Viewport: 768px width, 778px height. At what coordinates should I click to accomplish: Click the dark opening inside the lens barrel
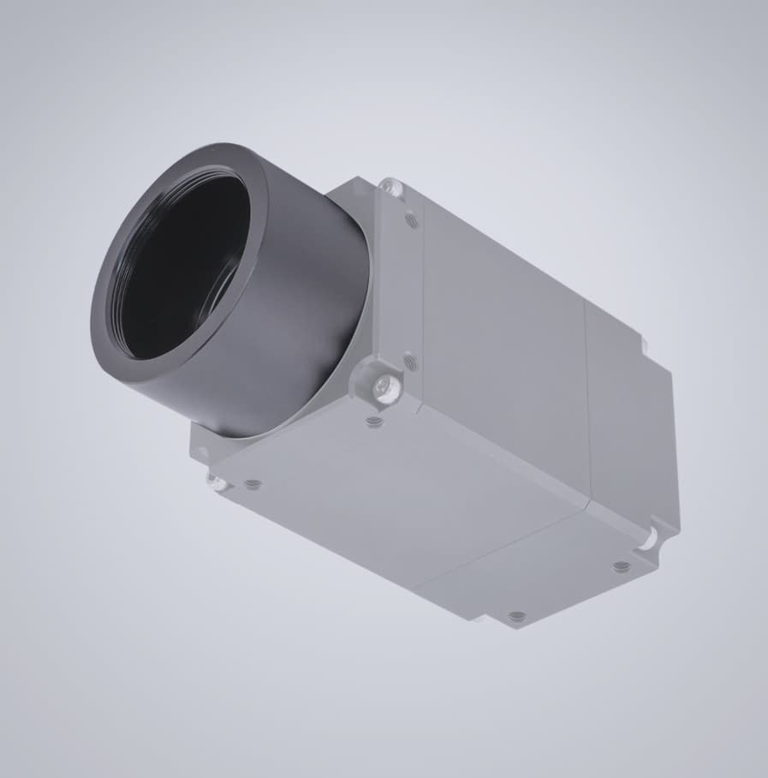(x=184, y=266)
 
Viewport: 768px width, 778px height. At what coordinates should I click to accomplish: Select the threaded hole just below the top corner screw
(x=412, y=220)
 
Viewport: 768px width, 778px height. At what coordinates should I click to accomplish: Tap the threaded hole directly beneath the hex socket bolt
(x=374, y=421)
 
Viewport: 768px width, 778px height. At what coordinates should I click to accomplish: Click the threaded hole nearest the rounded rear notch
(x=619, y=566)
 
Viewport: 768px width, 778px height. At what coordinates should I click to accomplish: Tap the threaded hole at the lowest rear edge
(x=515, y=615)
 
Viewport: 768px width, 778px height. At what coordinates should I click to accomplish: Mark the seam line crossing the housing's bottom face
(x=497, y=548)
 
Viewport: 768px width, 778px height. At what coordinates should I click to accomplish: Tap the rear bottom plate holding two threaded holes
(x=557, y=583)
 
